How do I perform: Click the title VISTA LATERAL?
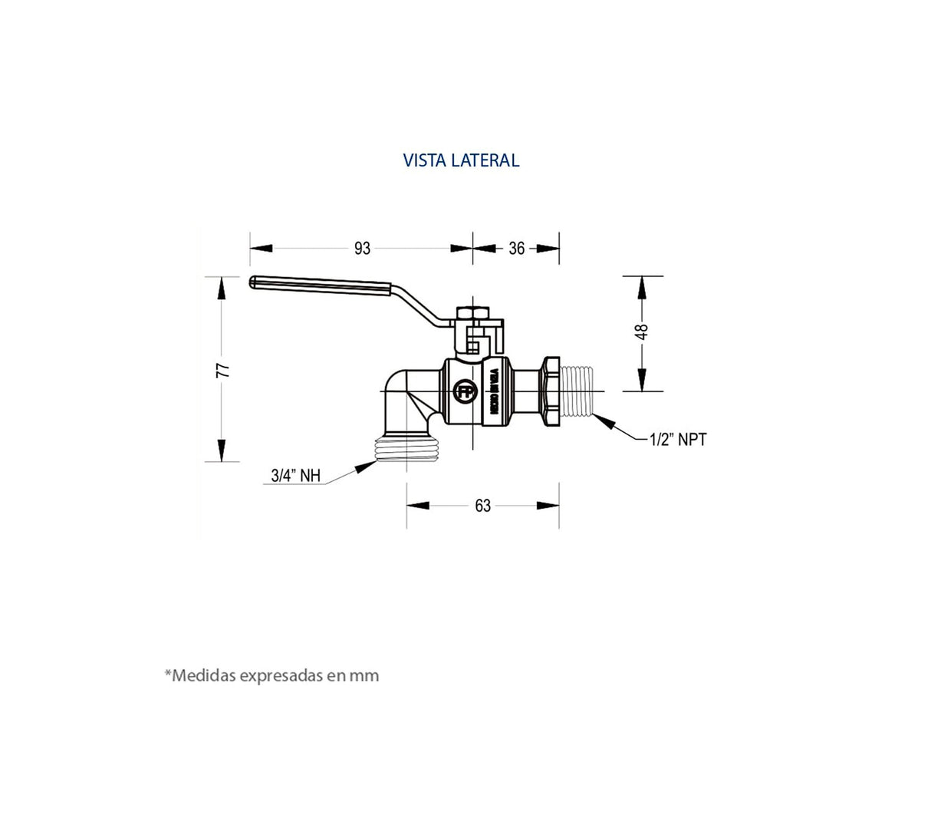(x=461, y=160)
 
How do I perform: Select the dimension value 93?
(x=362, y=248)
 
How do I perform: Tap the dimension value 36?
(x=517, y=248)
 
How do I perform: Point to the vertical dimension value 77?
(x=222, y=370)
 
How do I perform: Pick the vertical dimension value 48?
(x=641, y=332)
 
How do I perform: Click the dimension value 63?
(x=482, y=506)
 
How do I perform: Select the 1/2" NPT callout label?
(x=678, y=440)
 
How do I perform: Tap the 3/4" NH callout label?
(x=295, y=475)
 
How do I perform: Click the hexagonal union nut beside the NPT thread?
(x=551, y=391)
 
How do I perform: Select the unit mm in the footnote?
(x=364, y=676)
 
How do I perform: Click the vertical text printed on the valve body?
(x=493, y=392)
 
